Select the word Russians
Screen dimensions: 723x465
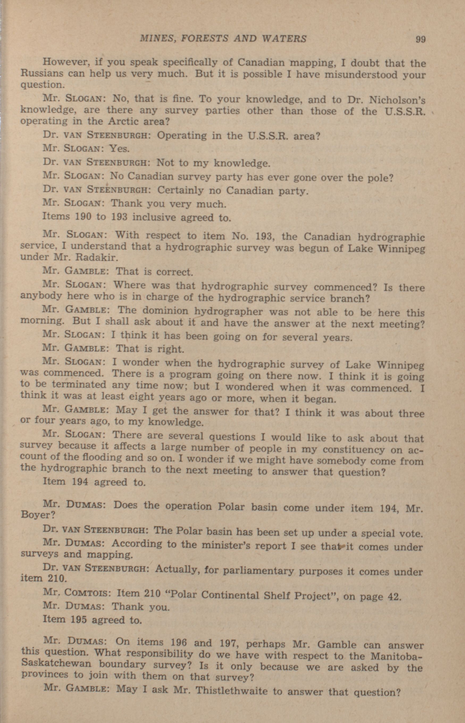pos(42,74)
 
